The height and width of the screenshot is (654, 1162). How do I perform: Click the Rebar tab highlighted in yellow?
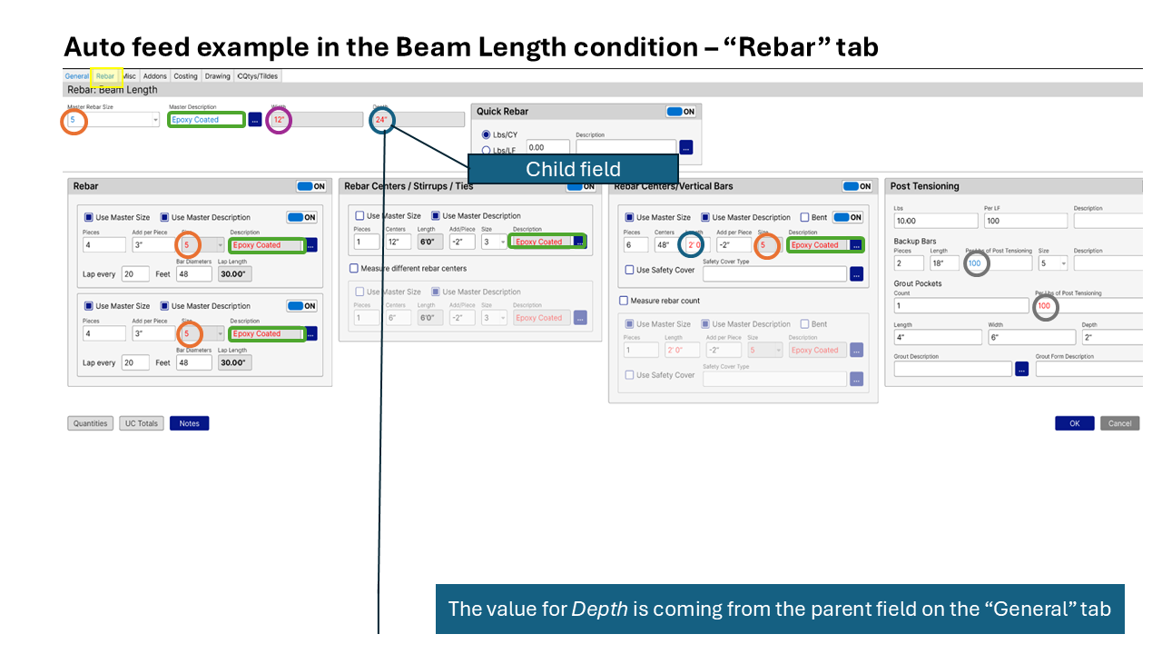tap(105, 76)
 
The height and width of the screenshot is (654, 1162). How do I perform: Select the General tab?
tap(77, 76)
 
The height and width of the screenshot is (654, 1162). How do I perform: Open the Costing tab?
tap(185, 76)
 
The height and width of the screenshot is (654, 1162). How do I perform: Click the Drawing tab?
tap(217, 76)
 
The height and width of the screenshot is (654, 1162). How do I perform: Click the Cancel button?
tap(1119, 423)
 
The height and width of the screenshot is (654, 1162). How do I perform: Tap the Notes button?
tap(189, 423)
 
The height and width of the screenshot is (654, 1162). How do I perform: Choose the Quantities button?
tap(90, 423)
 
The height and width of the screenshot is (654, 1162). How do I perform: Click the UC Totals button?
tap(141, 423)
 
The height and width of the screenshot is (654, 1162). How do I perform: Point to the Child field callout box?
tap(572, 170)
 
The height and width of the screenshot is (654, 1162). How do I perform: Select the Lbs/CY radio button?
tap(487, 134)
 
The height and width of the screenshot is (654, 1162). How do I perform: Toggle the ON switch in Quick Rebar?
tap(681, 112)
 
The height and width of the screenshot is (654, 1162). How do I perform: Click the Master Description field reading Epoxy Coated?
tap(206, 120)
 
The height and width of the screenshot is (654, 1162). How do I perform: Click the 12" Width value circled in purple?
tap(280, 120)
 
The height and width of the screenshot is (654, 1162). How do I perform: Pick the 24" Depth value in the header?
tap(381, 120)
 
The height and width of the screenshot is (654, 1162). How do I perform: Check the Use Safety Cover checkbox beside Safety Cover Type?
tap(630, 270)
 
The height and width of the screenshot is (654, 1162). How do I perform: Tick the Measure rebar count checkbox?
tap(624, 301)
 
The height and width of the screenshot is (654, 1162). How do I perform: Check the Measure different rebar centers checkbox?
tap(354, 269)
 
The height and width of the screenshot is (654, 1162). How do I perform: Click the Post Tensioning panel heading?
tap(924, 186)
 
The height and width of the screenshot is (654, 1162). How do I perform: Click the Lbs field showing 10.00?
tap(935, 221)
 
